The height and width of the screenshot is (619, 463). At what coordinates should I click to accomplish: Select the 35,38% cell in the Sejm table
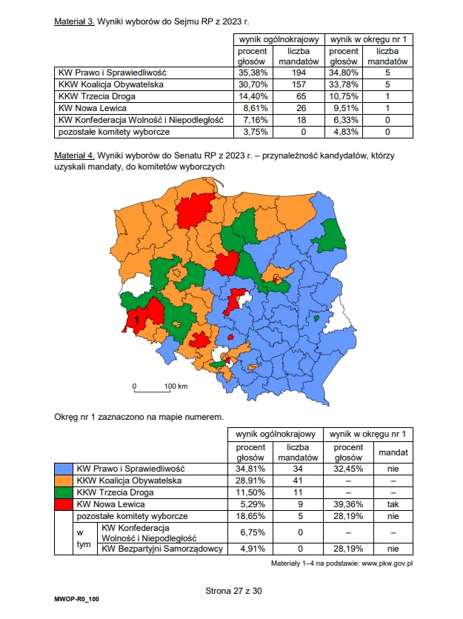point(253,74)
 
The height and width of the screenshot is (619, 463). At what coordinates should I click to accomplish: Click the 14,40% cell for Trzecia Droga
point(253,96)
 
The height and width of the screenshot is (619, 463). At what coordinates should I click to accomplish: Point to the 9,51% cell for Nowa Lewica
point(344,107)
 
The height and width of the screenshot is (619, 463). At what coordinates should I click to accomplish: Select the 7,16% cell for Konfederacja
point(253,119)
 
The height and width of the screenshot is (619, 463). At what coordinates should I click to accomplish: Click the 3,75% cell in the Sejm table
point(253,131)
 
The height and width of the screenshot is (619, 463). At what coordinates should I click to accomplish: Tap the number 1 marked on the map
point(138,319)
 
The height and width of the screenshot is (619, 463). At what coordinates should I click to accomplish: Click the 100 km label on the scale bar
point(176,387)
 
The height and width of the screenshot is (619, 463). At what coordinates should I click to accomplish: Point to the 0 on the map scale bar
point(135,387)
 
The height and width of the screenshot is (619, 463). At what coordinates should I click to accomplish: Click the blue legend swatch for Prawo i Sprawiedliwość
point(64,469)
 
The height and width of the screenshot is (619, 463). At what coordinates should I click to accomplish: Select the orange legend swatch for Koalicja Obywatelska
point(64,481)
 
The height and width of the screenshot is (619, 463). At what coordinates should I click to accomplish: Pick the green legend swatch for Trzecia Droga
point(64,492)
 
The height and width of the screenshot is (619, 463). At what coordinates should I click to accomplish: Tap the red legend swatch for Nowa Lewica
point(64,504)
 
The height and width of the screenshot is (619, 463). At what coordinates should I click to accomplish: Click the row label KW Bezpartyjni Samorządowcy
point(162,549)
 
